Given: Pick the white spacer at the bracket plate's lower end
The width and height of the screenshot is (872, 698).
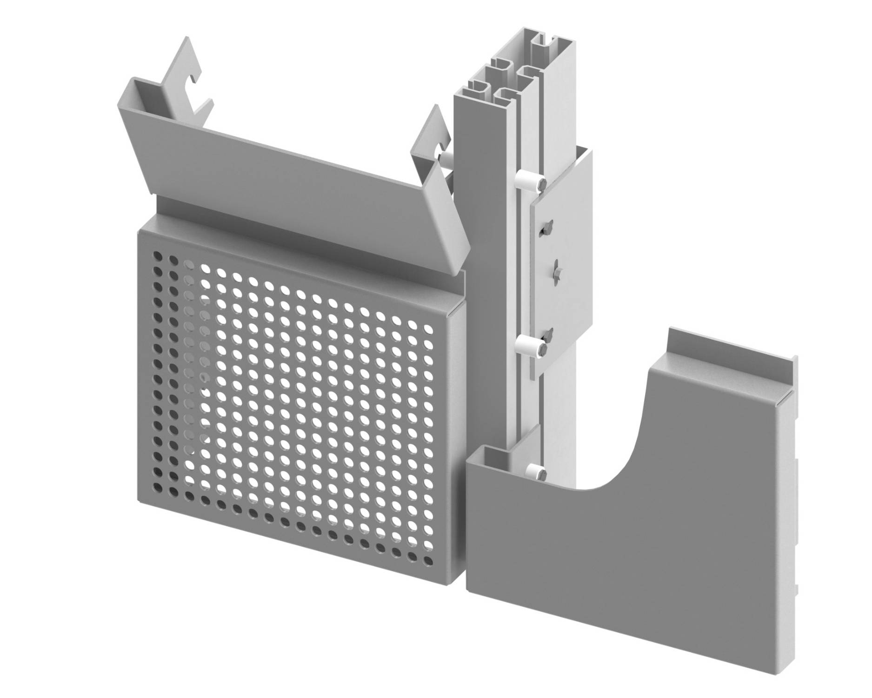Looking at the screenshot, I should (527, 345).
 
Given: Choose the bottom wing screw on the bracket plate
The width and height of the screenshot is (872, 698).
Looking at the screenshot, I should (549, 333).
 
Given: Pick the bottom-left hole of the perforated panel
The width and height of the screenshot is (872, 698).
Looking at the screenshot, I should (158, 489).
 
